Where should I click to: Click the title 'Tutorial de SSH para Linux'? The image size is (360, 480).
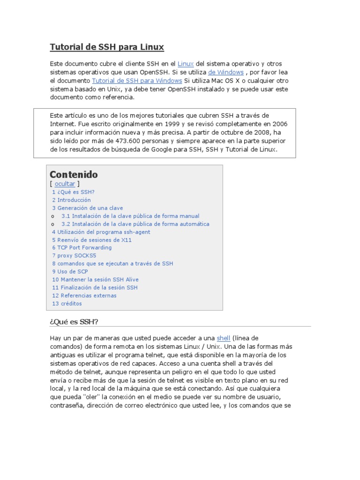(107, 47)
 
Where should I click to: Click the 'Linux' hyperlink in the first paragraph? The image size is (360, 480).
(186, 63)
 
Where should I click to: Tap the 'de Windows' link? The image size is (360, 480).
(226, 72)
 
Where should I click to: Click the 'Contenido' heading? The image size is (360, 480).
(74, 174)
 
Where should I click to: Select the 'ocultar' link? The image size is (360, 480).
(65, 184)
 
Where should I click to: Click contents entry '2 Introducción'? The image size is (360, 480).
(71, 200)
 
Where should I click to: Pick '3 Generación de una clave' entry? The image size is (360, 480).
(87, 208)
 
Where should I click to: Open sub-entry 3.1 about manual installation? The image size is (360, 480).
(130, 216)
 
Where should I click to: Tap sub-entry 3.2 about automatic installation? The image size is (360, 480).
(135, 224)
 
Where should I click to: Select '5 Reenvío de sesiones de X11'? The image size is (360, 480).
(92, 240)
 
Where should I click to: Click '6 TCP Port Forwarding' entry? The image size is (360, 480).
(82, 247)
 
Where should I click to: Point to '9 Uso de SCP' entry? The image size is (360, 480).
(70, 271)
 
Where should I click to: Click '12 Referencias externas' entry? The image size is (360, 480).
(84, 296)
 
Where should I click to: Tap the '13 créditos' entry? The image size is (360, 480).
(67, 304)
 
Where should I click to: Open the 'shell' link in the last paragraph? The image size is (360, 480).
(223, 338)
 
